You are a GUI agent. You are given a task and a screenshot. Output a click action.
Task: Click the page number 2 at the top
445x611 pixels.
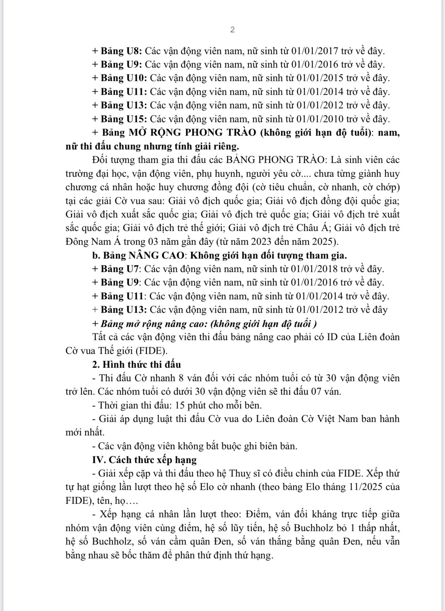point(232,30)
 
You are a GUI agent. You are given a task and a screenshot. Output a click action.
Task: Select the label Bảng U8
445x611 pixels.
point(122,51)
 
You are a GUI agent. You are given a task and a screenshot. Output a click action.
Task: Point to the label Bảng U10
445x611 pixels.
point(124,78)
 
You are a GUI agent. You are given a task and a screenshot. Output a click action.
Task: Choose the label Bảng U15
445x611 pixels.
point(124,119)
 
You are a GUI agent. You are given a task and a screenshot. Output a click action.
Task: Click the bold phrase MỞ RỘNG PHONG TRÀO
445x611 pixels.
point(192,132)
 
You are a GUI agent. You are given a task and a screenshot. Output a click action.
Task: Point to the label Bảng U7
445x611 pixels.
point(121,269)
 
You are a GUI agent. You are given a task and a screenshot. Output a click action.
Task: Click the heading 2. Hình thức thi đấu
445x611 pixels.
point(137,365)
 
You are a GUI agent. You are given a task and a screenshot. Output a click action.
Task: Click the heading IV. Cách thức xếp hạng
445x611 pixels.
point(144,460)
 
